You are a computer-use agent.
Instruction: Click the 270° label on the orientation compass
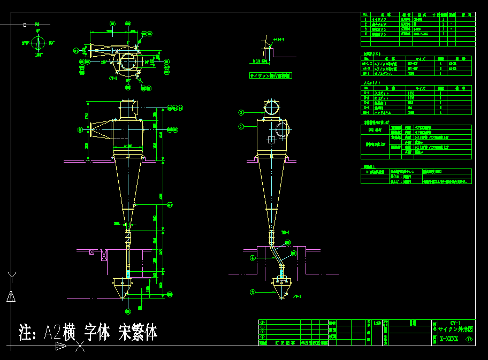[x=25, y=42]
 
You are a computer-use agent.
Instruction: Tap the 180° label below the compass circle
[x=39, y=54]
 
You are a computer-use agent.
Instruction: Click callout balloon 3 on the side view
[x=241, y=112]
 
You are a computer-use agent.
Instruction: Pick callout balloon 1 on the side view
[x=241, y=127]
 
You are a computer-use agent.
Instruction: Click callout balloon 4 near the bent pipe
[x=253, y=257]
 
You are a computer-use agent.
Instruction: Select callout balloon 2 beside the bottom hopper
[x=253, y=292]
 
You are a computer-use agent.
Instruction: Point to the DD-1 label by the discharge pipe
[x=285, y=233]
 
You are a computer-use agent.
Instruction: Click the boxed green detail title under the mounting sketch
[x=270, y=76]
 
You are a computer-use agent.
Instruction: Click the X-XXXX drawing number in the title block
[x=448, y=339]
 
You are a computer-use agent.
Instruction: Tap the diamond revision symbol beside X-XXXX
[x=470, y=339]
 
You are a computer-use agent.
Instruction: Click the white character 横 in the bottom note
[x=68, y=332]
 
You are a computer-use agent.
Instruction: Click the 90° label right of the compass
[x=51, y=42]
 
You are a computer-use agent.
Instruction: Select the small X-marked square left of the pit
[x=92, y=252]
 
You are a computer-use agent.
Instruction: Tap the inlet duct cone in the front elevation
[x=101, y=129]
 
